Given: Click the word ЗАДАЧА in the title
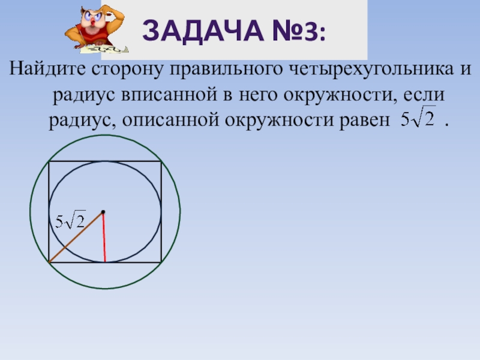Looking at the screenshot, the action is pos(203,31).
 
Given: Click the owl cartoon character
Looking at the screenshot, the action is pos(96,29).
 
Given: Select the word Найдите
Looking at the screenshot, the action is pos(47,68).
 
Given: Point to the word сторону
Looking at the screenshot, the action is pos(128,70).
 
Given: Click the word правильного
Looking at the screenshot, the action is pos(226,70).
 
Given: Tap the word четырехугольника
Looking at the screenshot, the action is pos(371,70).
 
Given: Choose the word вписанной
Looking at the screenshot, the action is pos(169,95).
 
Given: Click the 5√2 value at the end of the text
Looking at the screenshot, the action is pos(418,117).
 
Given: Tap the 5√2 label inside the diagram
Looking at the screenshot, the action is pos(70,220).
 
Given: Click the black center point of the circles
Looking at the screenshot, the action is pos(103,212).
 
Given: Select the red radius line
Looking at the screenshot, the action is pos(104,237).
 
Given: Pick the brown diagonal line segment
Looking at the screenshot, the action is pos(76,237).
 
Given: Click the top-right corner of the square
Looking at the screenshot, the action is pos(161,161).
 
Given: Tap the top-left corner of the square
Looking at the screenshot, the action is pos(49,161).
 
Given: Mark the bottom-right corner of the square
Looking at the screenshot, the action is pos(161,262).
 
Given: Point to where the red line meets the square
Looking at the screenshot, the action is pos(105,262).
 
